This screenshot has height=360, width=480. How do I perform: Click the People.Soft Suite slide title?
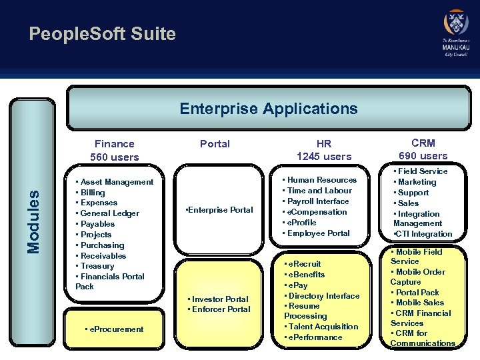pyautogui.click(x=102, y=34)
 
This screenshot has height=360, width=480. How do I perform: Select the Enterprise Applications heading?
pyautogui.click(x=268, y=109)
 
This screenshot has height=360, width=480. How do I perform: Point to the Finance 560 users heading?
pyautogui.click(x=115, y=150)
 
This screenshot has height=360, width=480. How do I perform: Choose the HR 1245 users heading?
pyautogui.click(x=324, y=150)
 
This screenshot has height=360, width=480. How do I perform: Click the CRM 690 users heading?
pyautogui.click(x=423, y=149)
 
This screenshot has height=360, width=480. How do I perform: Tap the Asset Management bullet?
pyautogui.click(x=117, y=182)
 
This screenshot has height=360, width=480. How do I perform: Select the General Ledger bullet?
pyautogui.click(x=110, y=213)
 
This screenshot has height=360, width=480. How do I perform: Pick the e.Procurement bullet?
pyautogui.click(x=115, y=329)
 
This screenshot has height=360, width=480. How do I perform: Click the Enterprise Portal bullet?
pyautogui.click(x=219, y=210)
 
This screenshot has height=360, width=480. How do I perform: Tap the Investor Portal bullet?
pyautogui.click(x=219, y=299)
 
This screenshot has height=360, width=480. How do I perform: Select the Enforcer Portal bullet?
pyautogui.click(x=221, y=309)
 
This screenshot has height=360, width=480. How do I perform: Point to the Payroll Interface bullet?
pyautogui.click(x=318, y=201)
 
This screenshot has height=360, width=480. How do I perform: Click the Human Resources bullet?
pyautogui.click(x=322, y=180)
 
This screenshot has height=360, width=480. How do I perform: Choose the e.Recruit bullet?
pyautogui.click(x=305, y=264)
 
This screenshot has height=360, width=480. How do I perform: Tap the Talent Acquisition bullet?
pyautogui.click(x=323, y=327)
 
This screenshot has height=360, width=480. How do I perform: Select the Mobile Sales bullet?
pyautogui.click(x=422, y=303)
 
